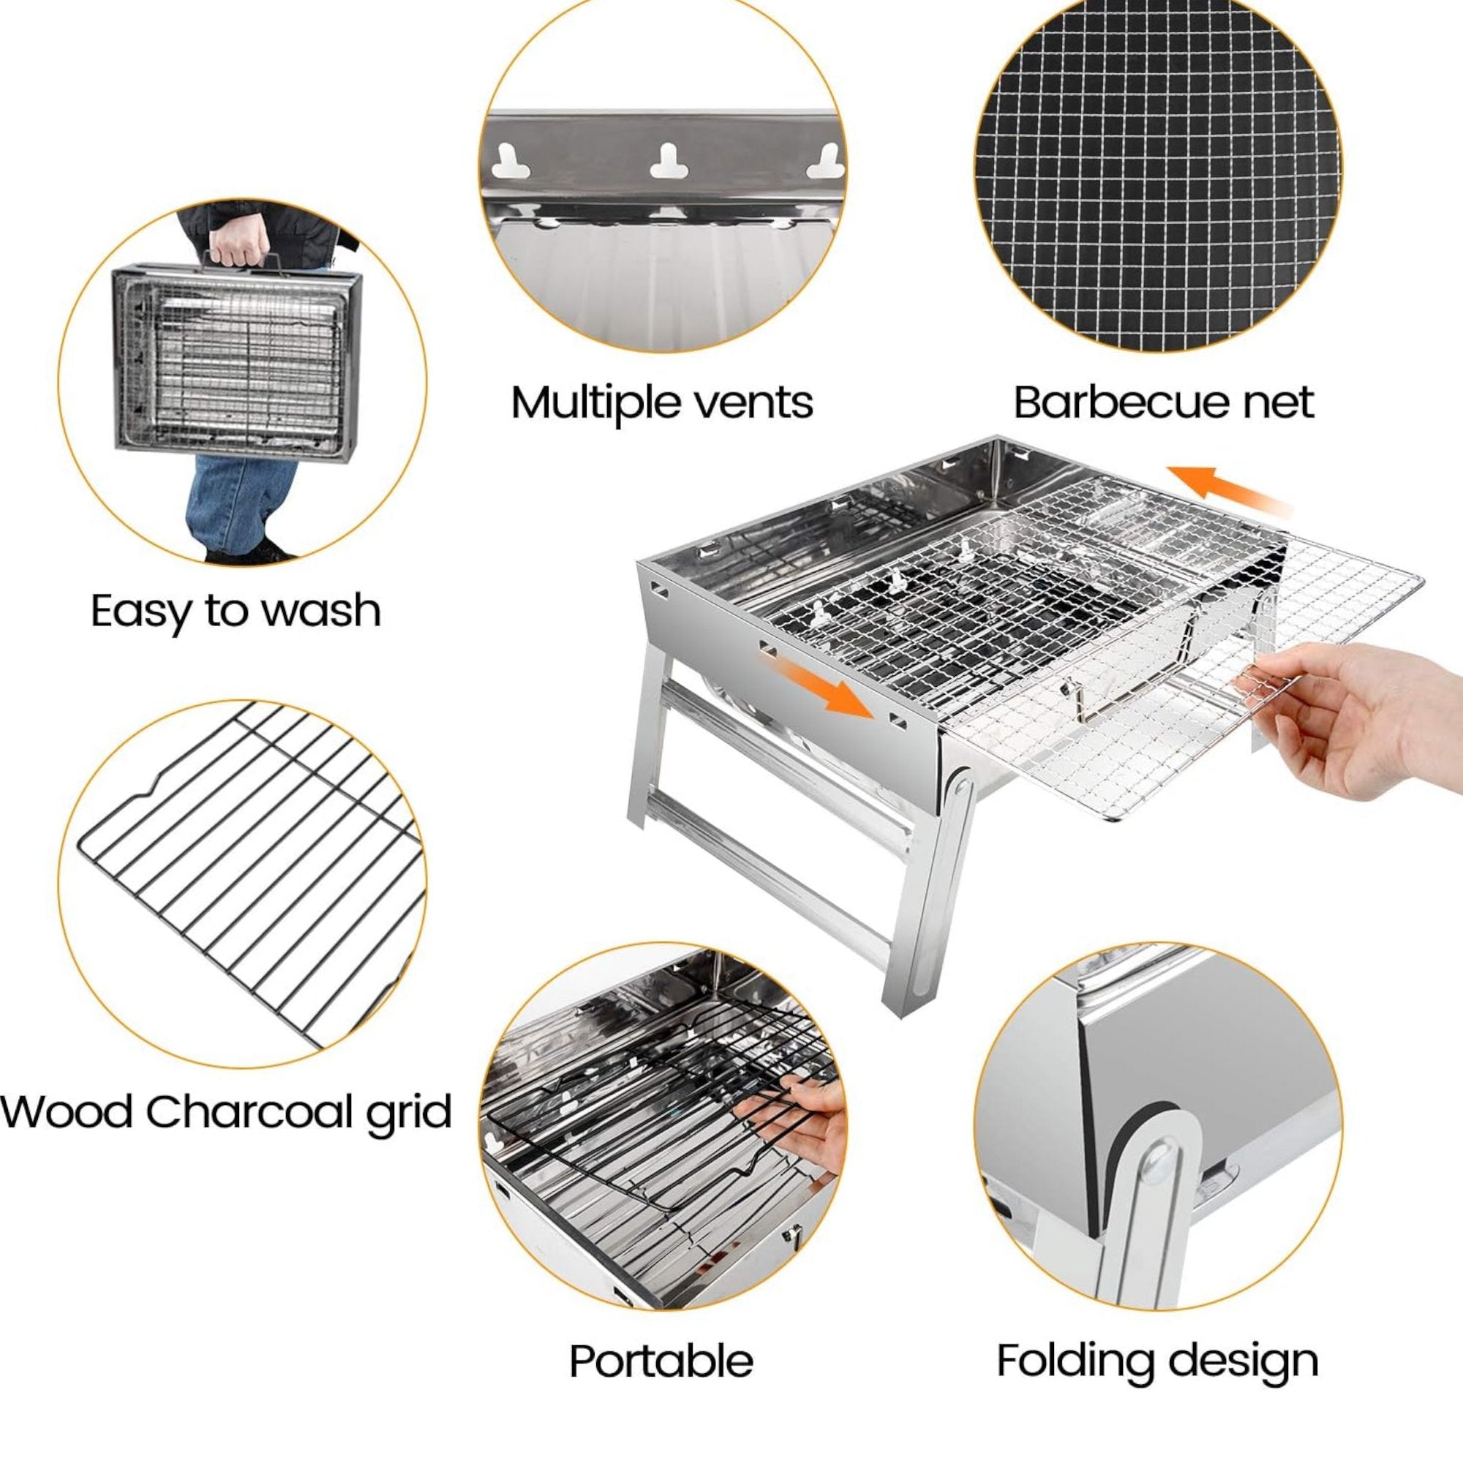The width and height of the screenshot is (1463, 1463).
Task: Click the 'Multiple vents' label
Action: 661,402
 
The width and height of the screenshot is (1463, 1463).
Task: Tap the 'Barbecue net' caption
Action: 1163,402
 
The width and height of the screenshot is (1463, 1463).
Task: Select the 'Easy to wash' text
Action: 236,611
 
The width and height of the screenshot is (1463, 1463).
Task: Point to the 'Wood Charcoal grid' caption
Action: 225,1112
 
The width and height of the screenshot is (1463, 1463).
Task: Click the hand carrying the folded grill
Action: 241,242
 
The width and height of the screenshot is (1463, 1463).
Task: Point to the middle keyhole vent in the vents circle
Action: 669,161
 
